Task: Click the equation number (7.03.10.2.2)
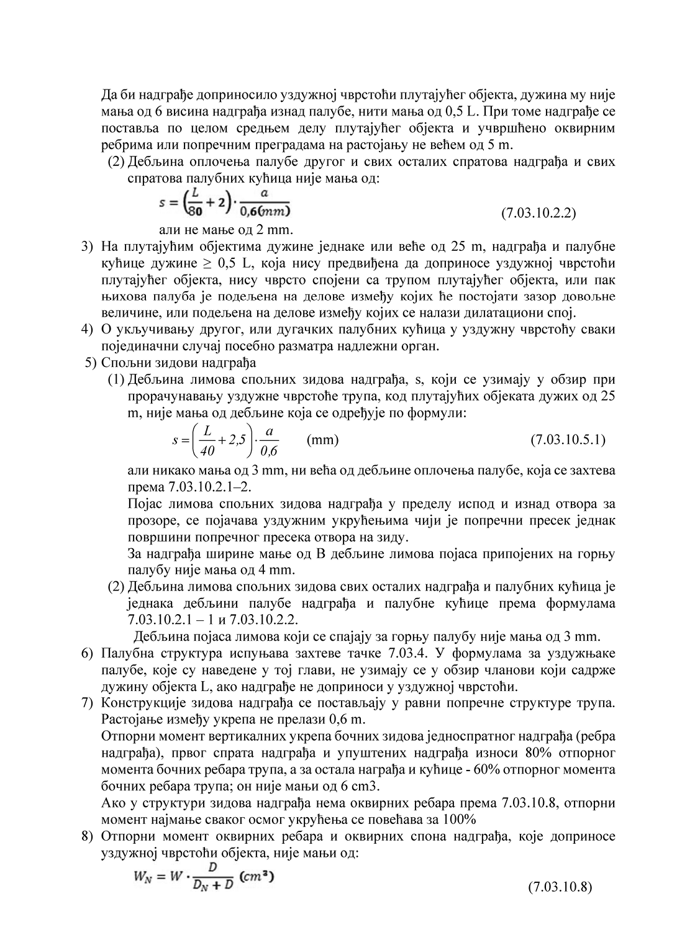(538, 214)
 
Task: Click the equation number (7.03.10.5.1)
(568, 440)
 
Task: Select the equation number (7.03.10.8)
(560, 887)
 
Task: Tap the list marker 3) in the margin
(88, 247)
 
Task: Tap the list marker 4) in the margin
(88, 328)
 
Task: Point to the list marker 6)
(88, 653)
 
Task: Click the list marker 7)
(88, 703)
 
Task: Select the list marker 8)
(88, 836)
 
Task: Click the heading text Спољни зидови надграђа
(179, 362)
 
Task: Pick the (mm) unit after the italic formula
(323, 440)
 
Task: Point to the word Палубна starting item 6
(124, 653)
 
